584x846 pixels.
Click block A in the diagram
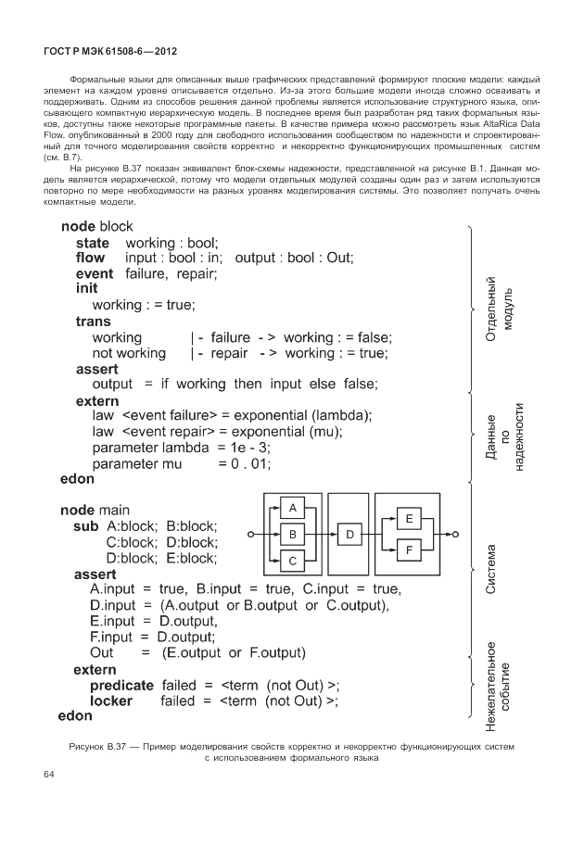pyautogui.click(x=293, y=509)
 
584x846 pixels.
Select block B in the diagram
pyautogui.click(x=293, y=535)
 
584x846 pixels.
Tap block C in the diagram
pyautogui.click(x=293, y=561)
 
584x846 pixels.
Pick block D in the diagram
pyautogui.click(x=349, y=535)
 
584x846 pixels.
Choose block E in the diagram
pyautogui.click(x=409, y=520)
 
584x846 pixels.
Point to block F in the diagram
pyautogui.click(x=409, y=551)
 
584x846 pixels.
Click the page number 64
pyautogui.click(x=50, y=775)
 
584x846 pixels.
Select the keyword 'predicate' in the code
pyautogui.click(x=121, y=685)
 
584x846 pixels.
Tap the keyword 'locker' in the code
pyautogui.click(x=111, y=701)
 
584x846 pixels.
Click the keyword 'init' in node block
pyautogui.click(x=87, y=289)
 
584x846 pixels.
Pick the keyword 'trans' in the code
pyautogui.click(x=93, y=322)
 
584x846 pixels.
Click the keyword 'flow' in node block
pyautogui.click(x=90, y=257)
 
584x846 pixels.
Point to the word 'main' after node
pyautogui.click(x=114, y=510)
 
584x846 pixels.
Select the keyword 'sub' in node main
pyautogui.click(x=86, y=525)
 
